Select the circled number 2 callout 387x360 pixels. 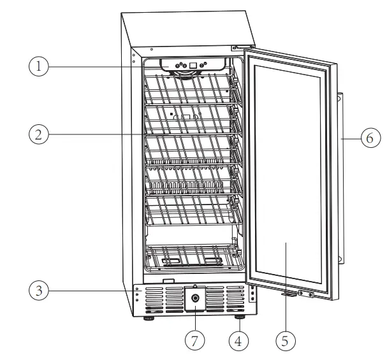(x=40, y=134)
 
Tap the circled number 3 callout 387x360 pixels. (x=40, y=291)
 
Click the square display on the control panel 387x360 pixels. (x=194, y=66)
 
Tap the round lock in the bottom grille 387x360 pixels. (x=194, y=298)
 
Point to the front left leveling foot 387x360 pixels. (x=149, y=317)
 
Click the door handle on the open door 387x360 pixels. (x=340, y=178)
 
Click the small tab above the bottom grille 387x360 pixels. (x=168, y=280)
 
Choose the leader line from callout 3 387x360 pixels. (x=89, y=291)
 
